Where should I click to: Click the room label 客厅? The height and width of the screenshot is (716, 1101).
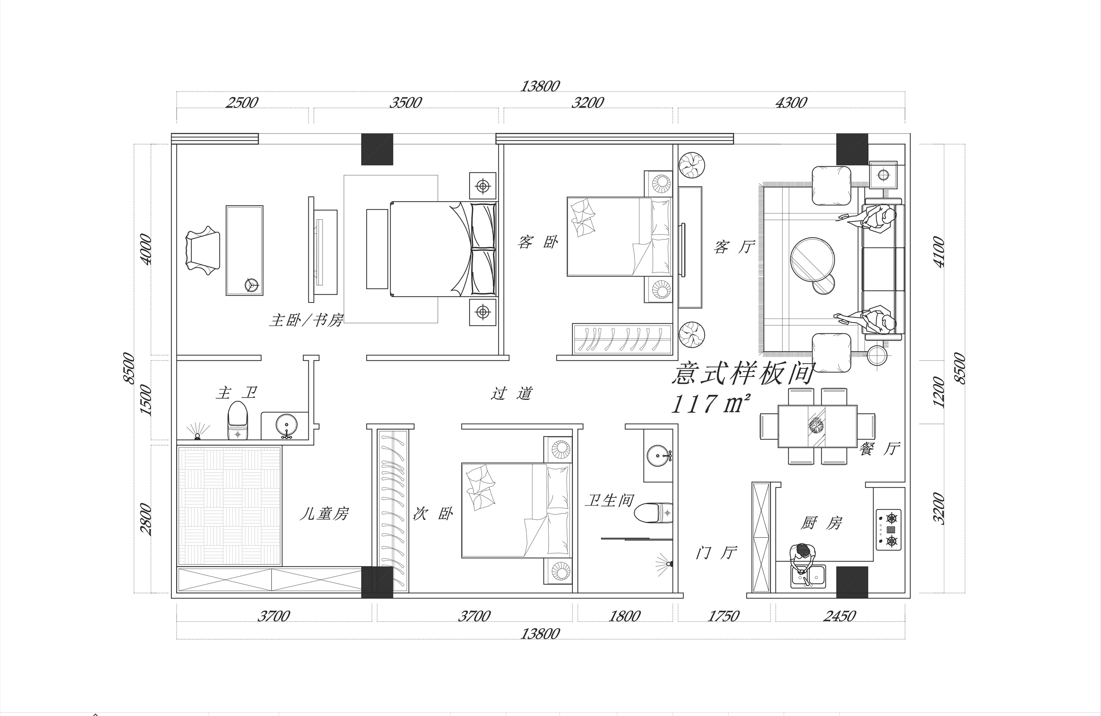click(x=734, y=247)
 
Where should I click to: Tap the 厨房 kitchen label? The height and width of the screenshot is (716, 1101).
click(x=821, y=523)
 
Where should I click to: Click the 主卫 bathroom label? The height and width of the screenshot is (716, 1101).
click(x=236, y=393)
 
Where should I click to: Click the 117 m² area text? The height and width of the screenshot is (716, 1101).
click(x=710, y=404)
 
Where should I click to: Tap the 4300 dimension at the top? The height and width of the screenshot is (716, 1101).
click(x=791, y=102)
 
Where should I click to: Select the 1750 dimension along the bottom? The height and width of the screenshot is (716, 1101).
click(x=723, y=616)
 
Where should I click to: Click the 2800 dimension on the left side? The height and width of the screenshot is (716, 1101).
click(x=146, y=519)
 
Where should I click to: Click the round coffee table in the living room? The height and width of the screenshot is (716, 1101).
click(x=812, y=259)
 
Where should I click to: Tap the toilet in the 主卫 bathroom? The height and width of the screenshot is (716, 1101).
click(x=238, y=421)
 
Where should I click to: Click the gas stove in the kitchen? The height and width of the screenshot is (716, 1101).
click(x=889, y=530)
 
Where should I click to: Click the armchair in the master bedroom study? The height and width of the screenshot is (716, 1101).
click(x=203, y=251)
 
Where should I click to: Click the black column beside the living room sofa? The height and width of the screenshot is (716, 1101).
click(x=852, y=149)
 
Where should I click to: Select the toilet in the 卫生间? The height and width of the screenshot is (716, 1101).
click(x=653, y=512)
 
